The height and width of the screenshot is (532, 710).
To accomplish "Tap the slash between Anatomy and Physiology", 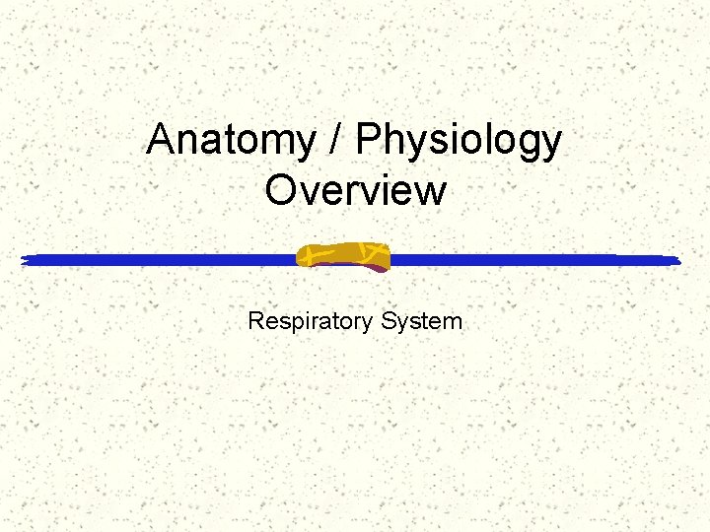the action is tap(338, 141).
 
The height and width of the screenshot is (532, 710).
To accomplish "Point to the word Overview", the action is tap(355, 190).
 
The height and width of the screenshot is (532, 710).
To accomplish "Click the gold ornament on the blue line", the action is tap(344, 256).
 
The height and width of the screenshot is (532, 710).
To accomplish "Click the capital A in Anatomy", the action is tap(162, 141).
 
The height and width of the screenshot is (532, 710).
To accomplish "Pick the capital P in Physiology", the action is tap(369, 141).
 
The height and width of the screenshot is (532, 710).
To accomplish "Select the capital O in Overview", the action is tap(282, 190).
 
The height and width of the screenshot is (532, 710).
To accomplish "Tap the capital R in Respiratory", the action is tap(256, 321).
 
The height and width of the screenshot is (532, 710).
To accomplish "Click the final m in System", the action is tap(452, 323).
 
